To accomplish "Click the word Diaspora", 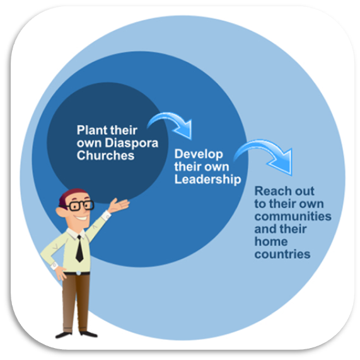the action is click(x=131, y=144).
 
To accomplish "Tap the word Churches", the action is click(x=105, y=155).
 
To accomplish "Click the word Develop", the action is click(x=199, y=154).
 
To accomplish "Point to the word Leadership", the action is click(x=208, y=179).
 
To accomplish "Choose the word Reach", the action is click(x=270, y=191).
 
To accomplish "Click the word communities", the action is click(x=293, y=216).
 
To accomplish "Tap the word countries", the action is click(x=282, y=254).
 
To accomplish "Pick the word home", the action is click(x=271, y=241).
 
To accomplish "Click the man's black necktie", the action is click(x=79, y=248).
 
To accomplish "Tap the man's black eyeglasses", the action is click(x=80, y=206).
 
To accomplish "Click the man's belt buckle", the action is click(x=79, y=273).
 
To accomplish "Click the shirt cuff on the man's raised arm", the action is click(x=106, y=216).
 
